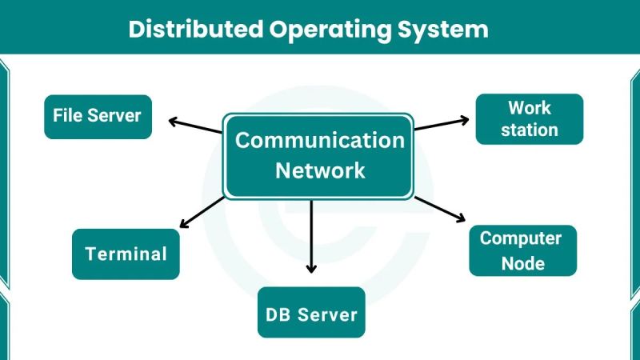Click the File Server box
98,116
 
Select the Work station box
529,118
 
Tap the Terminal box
126,254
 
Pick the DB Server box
311,313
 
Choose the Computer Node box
522,250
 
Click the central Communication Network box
319,155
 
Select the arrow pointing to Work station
442,123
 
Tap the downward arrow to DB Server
311,237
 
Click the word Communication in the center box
319,141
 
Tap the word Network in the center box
319,170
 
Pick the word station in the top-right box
529,130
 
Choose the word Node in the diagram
522,263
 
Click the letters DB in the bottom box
278,314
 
